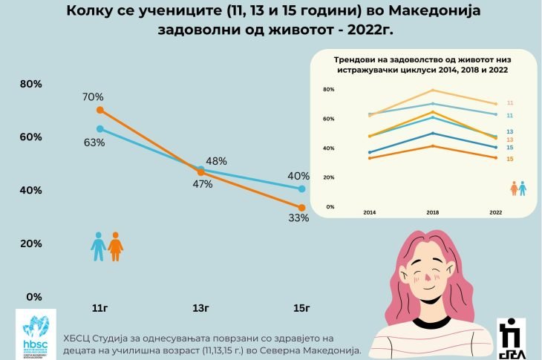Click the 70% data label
[94, 97]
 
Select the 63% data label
[94, 143]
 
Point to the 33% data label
[299, 217]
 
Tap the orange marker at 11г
[100, 111]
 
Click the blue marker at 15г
[301, 189]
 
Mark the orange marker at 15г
[301, 208]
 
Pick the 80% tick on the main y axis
[30, 84]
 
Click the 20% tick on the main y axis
[30, 243]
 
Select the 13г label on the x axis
[199, 307]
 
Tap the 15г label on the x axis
[301, 307]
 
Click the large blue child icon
[99, 246]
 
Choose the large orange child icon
[115, 246]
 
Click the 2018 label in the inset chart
[434, 213]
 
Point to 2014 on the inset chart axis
[369, 213]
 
